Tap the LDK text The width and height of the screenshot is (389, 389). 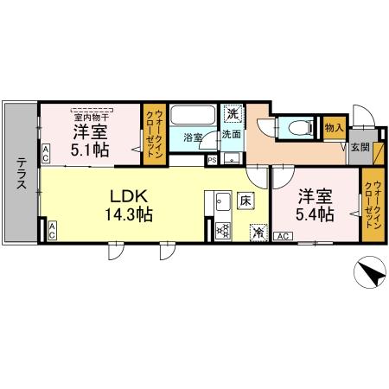pos(126,195)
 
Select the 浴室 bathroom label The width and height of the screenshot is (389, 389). pos(193,137)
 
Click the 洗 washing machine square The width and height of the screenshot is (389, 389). pos(233,113)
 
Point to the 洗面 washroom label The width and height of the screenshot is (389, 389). pos(231,135)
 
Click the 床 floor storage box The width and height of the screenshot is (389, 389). pos(246,202)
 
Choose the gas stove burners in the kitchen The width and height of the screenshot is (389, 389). pos(221,230)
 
